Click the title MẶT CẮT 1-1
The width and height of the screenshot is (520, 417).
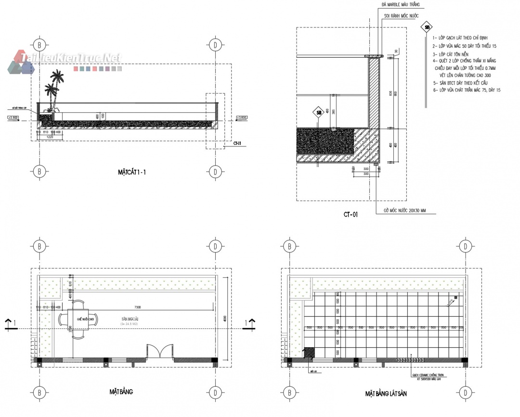click(x=131, y=172)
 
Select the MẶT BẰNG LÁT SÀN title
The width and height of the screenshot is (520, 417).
click(x=386, y=393)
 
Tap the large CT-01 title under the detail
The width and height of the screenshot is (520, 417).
click(x=351, y=215)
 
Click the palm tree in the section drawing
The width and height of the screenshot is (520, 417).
click(x=54, y=89)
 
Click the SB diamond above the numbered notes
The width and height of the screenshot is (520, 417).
click(x=426, y=27)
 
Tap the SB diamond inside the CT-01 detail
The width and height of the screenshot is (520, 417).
click(x=318, y=113)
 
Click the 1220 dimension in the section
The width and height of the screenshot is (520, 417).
click(x=50, y=137)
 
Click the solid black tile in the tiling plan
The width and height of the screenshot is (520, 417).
click(x=309, y=353)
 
